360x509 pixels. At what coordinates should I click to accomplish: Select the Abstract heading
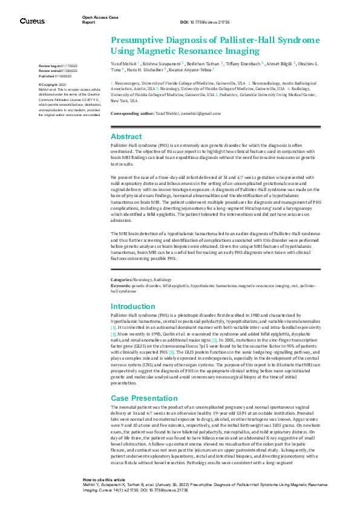126,137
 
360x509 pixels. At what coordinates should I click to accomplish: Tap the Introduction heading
133,306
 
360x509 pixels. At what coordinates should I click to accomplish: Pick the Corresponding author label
133,113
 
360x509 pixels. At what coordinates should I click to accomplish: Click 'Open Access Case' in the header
100,17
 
